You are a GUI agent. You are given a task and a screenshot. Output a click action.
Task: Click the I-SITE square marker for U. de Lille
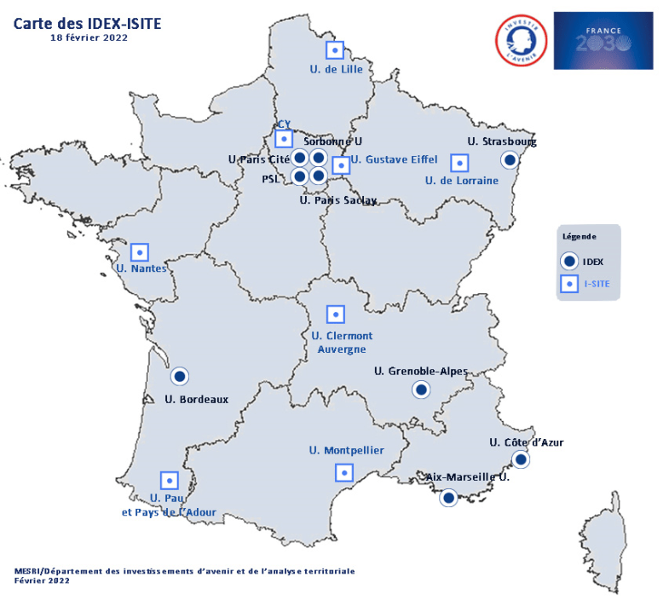point(336,50)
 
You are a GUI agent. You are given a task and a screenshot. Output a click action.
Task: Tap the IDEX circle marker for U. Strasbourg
point(510,159)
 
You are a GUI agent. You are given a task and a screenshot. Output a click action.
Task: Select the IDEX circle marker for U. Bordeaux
point(179,376)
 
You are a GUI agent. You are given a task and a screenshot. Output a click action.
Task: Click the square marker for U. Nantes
point(139,252)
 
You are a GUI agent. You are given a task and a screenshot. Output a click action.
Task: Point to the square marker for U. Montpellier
point(344,471)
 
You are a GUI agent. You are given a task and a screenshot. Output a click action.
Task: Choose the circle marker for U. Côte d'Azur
point(520,460)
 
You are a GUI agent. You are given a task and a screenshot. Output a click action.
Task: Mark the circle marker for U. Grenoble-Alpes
point(420,390)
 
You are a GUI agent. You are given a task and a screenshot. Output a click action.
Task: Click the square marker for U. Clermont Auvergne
point(336,315)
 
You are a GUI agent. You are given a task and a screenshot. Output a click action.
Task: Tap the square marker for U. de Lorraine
point(459,162)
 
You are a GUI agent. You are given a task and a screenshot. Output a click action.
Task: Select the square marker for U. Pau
point(169,480)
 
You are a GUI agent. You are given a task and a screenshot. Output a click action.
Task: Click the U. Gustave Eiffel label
point(394,159)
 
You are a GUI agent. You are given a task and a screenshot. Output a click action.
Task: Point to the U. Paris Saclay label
point(338,201)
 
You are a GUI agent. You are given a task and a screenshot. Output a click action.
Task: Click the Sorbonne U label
point(333,141)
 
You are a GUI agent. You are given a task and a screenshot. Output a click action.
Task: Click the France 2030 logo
point(603,40)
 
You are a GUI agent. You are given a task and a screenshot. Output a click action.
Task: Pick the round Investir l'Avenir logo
point(521,39)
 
